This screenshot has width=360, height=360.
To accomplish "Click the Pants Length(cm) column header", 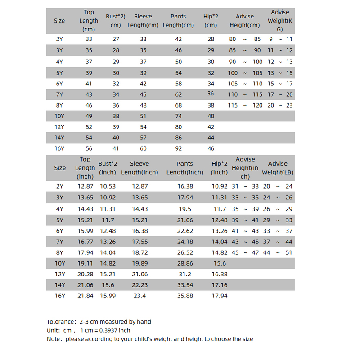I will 178,21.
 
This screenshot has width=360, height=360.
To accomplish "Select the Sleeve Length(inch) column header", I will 139,168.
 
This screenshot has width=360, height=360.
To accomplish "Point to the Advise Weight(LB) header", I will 278,168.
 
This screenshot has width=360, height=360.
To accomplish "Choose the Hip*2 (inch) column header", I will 219,168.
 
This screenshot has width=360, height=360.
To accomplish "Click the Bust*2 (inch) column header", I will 108,168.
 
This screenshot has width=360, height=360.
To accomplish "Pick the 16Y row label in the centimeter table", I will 59,148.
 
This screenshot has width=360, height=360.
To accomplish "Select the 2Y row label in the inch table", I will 60,186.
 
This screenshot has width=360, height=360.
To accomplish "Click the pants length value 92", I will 178,148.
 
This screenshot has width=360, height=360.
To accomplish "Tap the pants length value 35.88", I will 184,296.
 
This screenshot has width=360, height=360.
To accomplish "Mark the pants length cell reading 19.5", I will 184,208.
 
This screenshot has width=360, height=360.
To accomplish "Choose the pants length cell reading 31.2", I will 184,274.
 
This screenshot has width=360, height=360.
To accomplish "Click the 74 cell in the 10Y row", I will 178,116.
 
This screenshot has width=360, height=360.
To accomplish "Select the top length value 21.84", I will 85,296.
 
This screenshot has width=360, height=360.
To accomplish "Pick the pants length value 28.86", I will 184,263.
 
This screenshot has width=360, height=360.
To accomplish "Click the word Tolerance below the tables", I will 62,322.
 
